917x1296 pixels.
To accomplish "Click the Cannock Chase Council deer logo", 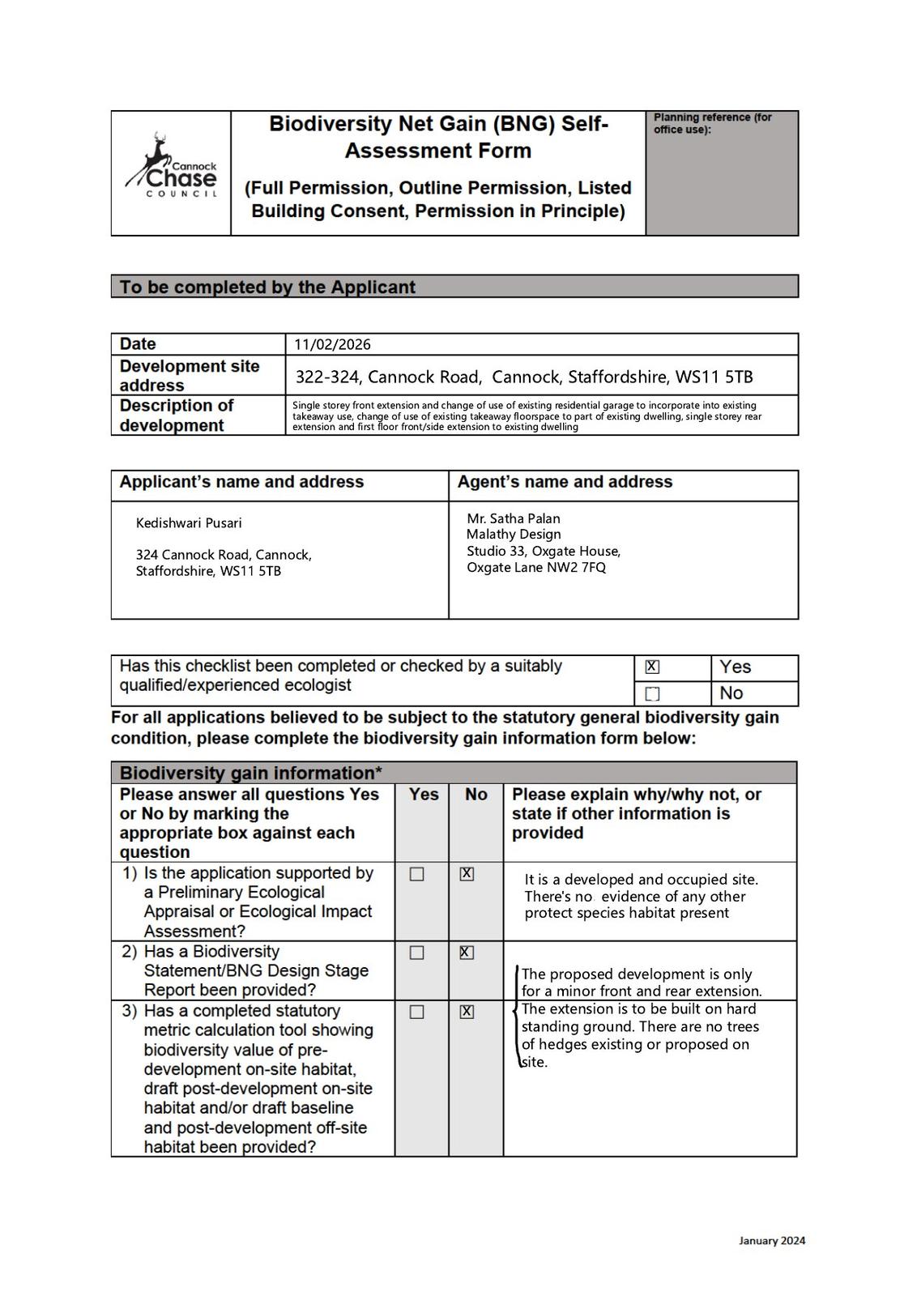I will point(170,166).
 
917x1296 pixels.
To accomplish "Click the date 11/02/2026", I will point(332,344).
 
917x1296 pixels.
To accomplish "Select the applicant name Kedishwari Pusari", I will point(189,523).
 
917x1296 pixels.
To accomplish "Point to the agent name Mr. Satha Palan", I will point(514,518).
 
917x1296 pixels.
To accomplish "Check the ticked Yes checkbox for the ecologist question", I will point(652,667).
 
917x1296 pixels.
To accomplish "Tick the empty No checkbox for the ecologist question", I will point(652,693).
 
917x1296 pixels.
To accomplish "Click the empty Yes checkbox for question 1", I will point(417,874).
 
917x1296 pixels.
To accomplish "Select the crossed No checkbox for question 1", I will point(467,874).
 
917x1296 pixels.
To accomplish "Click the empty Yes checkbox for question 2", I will point(417,953).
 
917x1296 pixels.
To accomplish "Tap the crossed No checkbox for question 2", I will point(467,953).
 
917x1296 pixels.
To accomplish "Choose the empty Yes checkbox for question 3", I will point(417,1012).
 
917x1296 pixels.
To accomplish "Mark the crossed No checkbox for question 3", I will point(467,1012).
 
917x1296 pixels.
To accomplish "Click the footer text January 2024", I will point(771,1241).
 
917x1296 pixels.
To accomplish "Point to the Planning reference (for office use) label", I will point(712,123).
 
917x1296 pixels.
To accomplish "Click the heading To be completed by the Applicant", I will point(267,287).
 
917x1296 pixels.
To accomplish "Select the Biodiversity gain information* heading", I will point(251,773).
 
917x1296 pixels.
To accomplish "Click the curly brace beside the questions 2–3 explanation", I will point(517,1017).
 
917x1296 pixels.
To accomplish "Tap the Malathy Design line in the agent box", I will point(514,535).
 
